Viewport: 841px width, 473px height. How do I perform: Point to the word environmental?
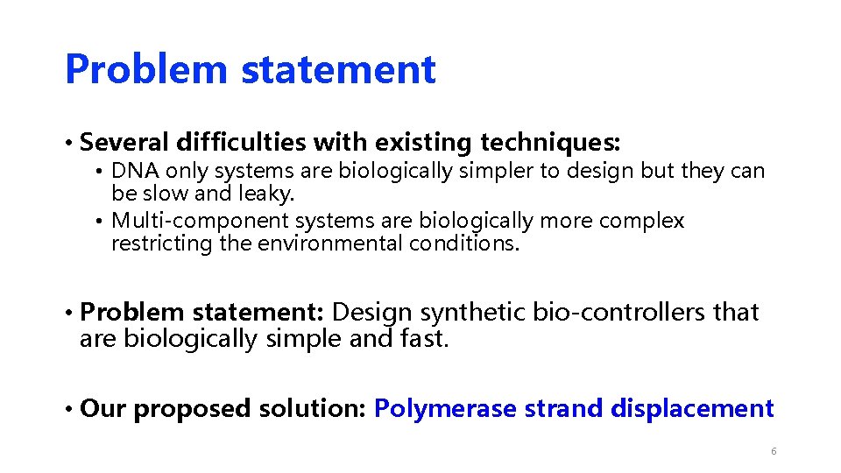coord(329,244)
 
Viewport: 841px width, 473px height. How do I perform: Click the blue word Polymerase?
coord(445,408)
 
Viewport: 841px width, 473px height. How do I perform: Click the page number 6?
coord(773,451)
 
